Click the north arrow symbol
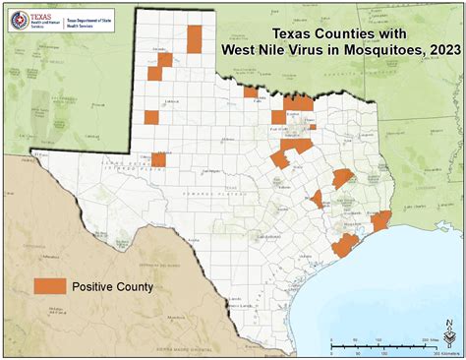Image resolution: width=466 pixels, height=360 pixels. pyautogui.click(x=449, y=336)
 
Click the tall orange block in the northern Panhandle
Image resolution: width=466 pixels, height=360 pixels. pyautogui.click(x=195, y=38)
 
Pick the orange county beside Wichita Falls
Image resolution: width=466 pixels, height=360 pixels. pyautogui.click(x=251, y=92)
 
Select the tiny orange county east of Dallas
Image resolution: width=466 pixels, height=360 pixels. pyautogui.click(x=312, y=126)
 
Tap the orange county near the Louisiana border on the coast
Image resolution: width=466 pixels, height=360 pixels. pyautogui.click(x=381, y=220)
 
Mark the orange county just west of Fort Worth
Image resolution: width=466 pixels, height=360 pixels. pyautogui.click(x=279, y=117)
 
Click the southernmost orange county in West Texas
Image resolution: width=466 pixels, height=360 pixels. pyautogui.click(x=157, y=159)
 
